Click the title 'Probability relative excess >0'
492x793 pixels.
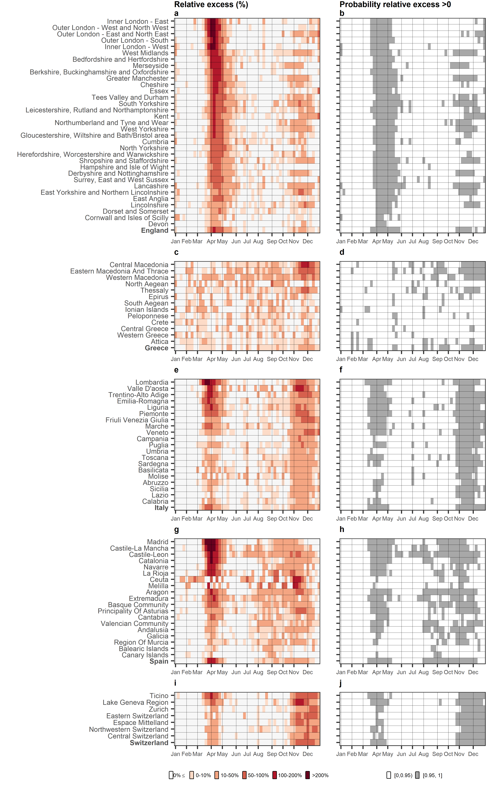(x=395, y=5)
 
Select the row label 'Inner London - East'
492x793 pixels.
(x=138, y=21)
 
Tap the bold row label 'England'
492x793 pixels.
(x=155, y=231)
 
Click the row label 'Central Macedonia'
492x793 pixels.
(x=139, y=265)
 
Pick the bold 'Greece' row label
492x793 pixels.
(x=156, y=348)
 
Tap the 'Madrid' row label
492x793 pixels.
(x=157, y=542)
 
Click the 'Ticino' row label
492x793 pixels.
(x=159, y=696)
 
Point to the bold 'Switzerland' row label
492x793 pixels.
(x=149, y=743)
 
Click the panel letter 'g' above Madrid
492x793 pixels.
(x=176, y=530)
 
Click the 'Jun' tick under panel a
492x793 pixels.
(x=236, y=241)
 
